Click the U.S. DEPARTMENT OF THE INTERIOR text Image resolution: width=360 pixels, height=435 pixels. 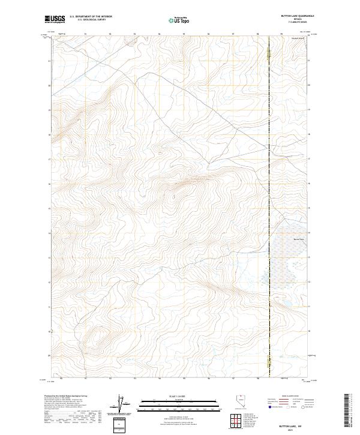pos(91,17)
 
